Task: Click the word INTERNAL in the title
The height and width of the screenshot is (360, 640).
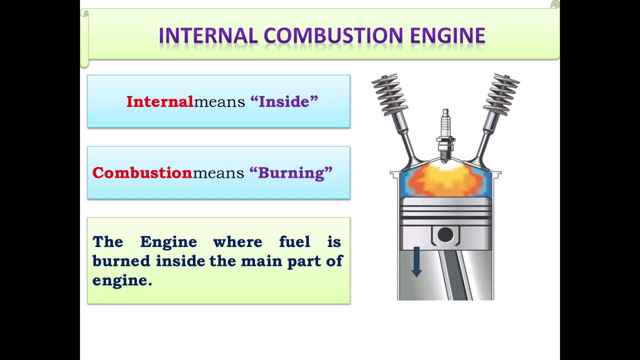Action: (208, 36)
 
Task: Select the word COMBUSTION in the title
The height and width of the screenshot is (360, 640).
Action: (333, 36)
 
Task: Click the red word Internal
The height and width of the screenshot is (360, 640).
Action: (159, 101)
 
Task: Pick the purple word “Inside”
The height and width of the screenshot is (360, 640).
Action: (284, 101)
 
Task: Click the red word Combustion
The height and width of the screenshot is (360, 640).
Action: (142, 172)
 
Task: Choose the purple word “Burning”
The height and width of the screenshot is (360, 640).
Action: (291, 172)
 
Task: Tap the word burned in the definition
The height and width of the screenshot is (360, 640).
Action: (121, 261)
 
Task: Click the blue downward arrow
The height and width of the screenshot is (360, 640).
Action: (416, 261)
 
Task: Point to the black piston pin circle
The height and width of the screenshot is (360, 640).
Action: (445, 234)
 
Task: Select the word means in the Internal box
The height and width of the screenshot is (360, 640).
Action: (219, 102)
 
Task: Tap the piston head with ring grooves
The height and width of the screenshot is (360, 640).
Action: (445, 212)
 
